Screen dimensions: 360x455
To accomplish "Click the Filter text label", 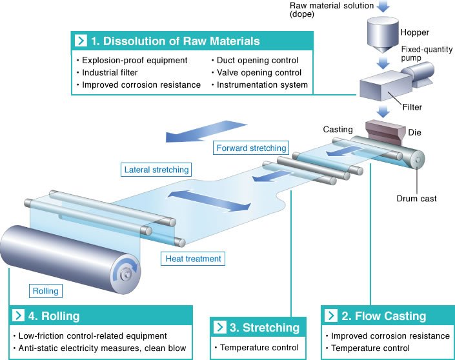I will [414, 108].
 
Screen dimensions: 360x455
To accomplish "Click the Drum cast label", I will [416, 199].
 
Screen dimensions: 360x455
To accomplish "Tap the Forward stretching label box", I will [251, 148].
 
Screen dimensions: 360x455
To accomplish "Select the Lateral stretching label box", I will [156, 170].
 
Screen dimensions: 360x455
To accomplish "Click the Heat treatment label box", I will [192, 259].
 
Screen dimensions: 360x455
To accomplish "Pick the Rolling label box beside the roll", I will [45, 291].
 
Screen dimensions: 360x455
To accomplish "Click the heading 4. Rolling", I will [56, 316].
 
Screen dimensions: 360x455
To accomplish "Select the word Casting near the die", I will [338, 130].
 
